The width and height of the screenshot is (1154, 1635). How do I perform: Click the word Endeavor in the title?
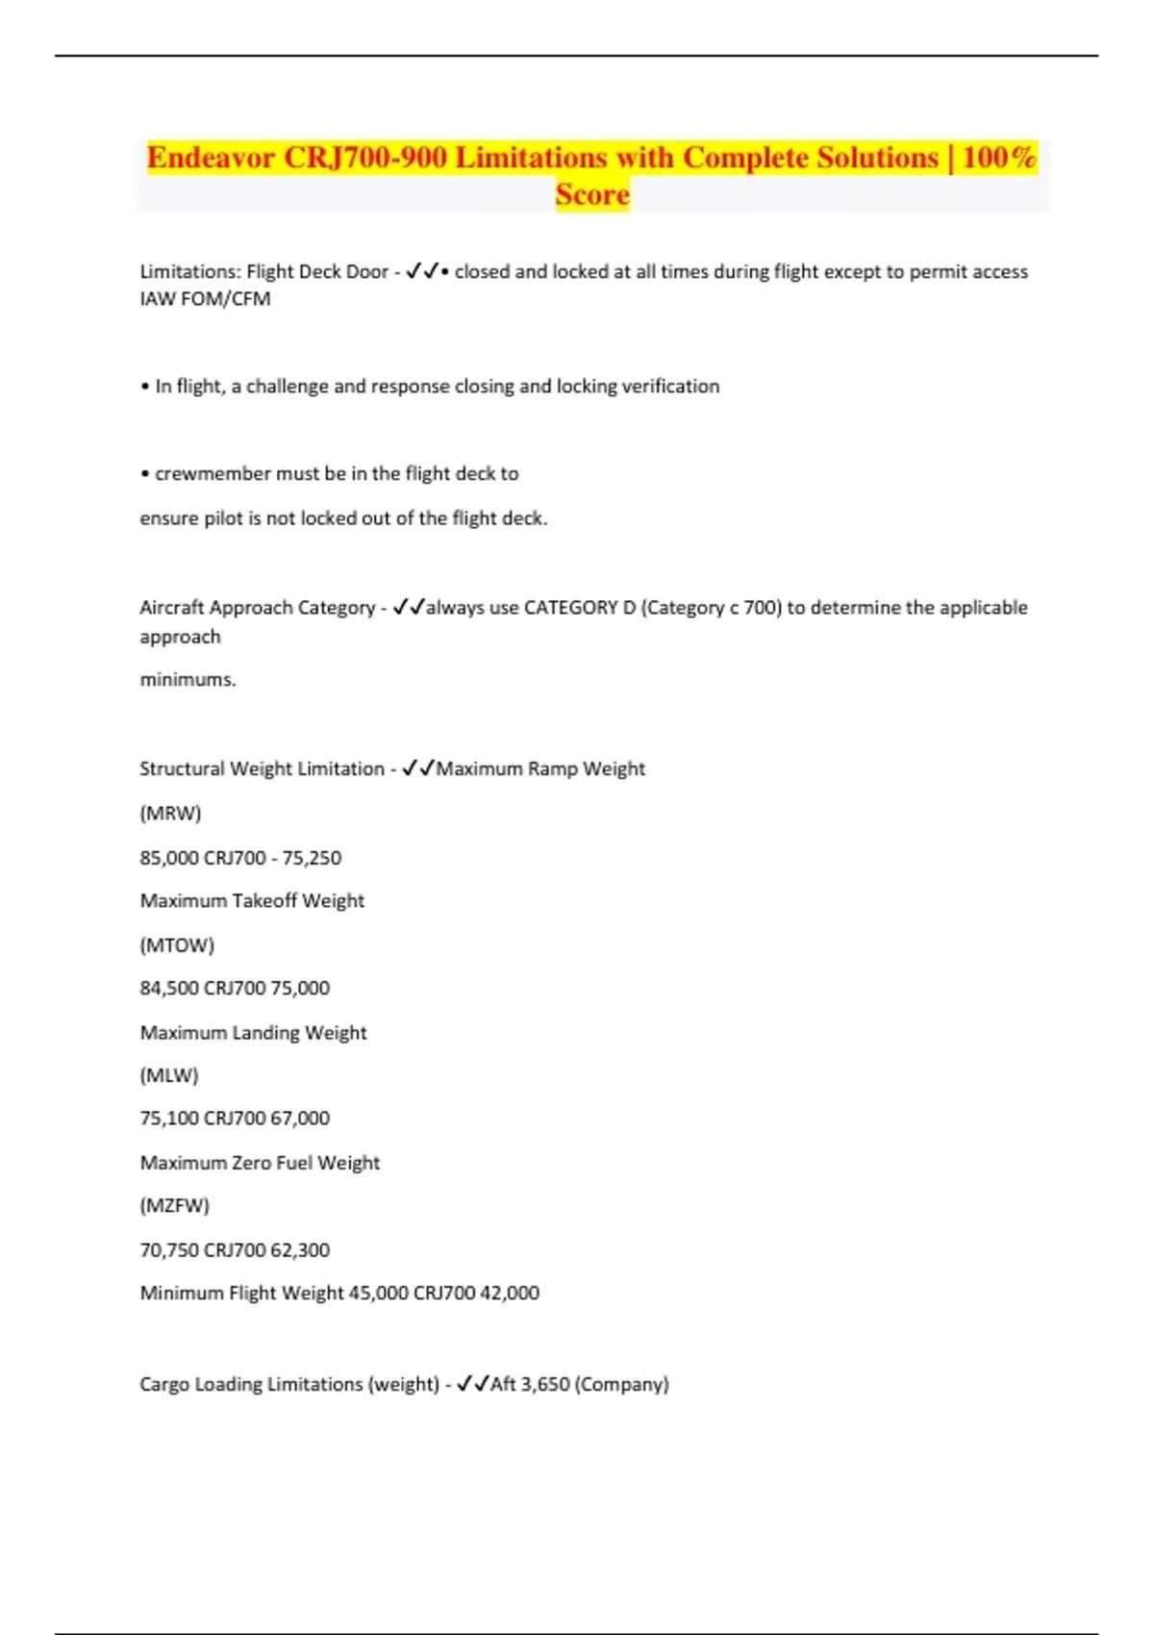point(211,157)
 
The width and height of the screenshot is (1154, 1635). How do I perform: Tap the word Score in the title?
point(592,194)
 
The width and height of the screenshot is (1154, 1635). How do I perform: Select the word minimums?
point(188,680)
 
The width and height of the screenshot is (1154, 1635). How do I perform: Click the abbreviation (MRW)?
point(170,814)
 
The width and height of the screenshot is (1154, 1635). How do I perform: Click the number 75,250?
point(312,858)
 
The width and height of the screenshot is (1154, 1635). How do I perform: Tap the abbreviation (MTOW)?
point(177,945)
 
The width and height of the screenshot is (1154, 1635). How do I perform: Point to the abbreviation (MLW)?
point(169,1076)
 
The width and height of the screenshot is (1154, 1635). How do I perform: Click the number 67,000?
point(300,1119)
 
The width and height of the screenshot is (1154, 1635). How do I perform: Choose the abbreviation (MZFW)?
point(174,1206)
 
